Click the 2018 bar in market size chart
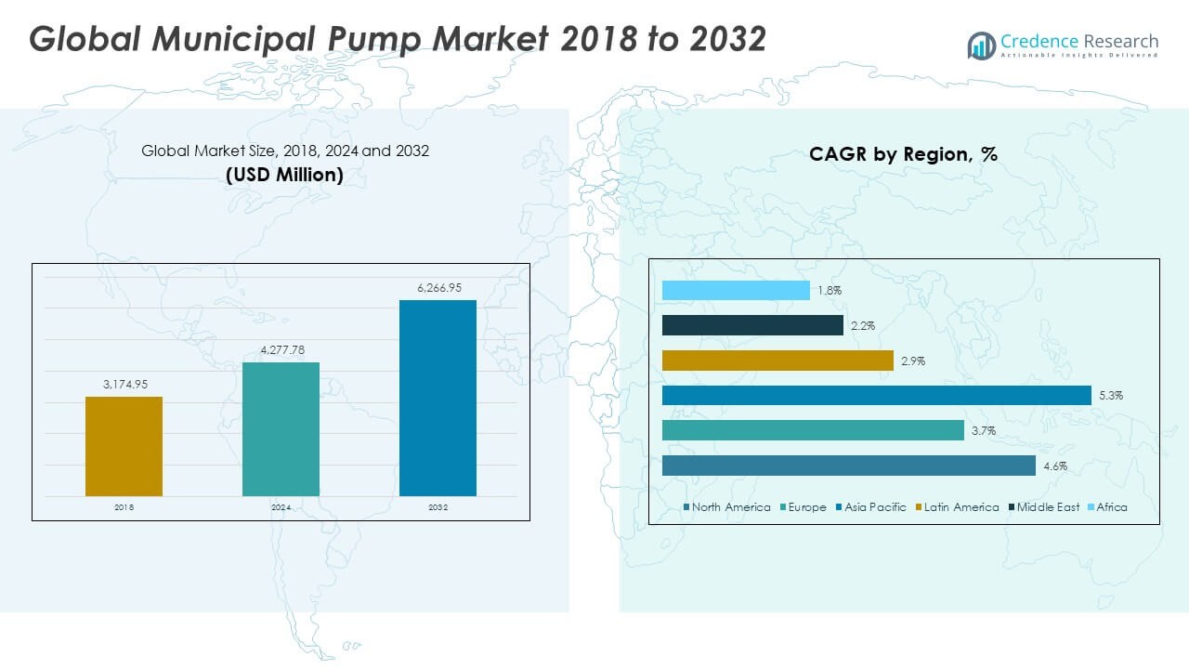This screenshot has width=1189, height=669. coord(124,446)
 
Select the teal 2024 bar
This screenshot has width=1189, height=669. coord(281,428)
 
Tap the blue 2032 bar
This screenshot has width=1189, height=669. coord(438,398)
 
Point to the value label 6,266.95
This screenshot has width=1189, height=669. coord(438,288)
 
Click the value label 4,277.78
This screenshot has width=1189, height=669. coord(281,350)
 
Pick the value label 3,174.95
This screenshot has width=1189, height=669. coord(124,385)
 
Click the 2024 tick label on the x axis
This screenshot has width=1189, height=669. coord(281,508)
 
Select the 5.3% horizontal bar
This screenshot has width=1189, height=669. coord(876,396)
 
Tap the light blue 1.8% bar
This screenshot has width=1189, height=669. coord(736,291)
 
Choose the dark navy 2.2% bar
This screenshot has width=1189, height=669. coord(752,325)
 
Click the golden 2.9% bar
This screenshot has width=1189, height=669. coord(777,361)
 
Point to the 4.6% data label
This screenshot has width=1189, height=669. coord(1054,466)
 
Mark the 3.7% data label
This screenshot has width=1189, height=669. coord(983,430)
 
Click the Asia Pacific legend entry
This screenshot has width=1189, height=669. coord(874,507)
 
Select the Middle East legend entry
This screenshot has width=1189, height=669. coord(1047,507)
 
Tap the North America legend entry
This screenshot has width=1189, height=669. coord(730,507)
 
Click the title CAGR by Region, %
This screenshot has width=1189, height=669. coord(903,154)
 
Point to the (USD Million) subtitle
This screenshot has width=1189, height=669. coord(284,174)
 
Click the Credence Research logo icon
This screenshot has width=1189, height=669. coord(981,46)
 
